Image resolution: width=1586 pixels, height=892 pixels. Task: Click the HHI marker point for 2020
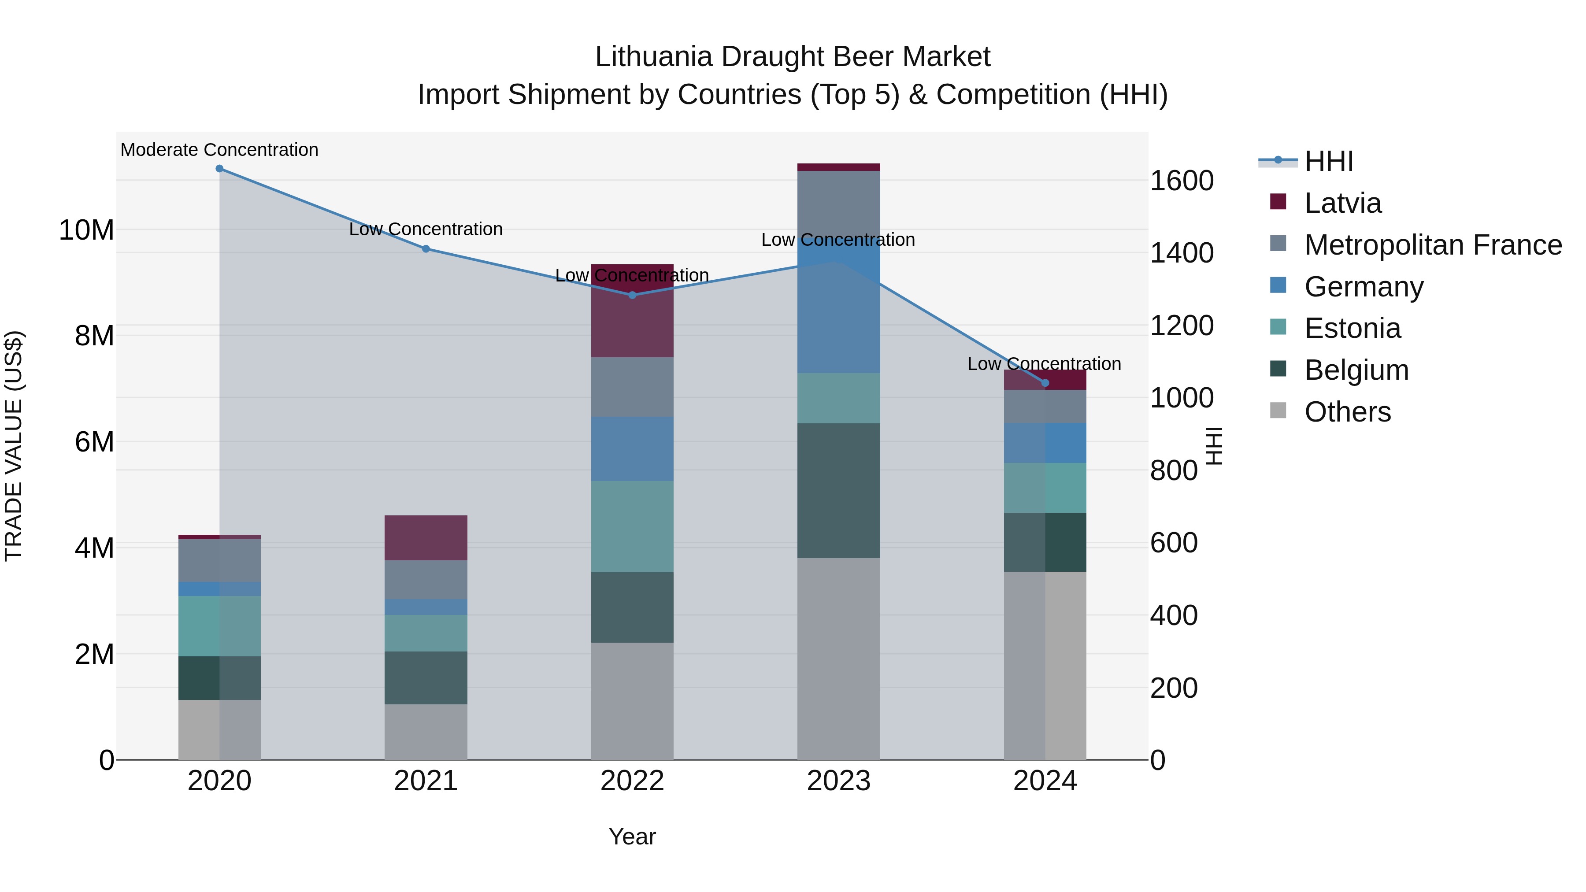pos(219,169)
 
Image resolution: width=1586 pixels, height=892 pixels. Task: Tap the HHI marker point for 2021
pos(426,249)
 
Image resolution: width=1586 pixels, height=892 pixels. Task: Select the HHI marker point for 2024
pos(1045,383)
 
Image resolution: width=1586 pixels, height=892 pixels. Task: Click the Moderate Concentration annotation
pos(219,150)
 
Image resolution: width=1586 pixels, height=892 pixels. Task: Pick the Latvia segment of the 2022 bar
pos(632,311)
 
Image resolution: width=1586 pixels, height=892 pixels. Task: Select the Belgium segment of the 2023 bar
pos(838,491)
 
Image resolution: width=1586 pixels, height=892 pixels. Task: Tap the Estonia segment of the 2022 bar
pos(632,526)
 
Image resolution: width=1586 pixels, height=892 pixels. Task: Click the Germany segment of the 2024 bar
pos(1045,443)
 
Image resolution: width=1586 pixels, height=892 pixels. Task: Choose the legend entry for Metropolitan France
pos(1433,245)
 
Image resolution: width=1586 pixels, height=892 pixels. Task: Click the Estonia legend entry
pos(1352,328)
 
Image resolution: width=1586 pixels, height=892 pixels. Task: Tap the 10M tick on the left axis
pos(86,230)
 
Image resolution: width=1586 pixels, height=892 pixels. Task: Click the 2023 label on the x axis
pos(838,781)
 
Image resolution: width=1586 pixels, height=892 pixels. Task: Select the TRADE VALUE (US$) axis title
pos(14,446)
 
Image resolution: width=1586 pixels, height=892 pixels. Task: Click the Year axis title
pos(632,836)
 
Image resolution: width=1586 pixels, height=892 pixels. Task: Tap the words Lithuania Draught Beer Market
pos(793,57)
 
